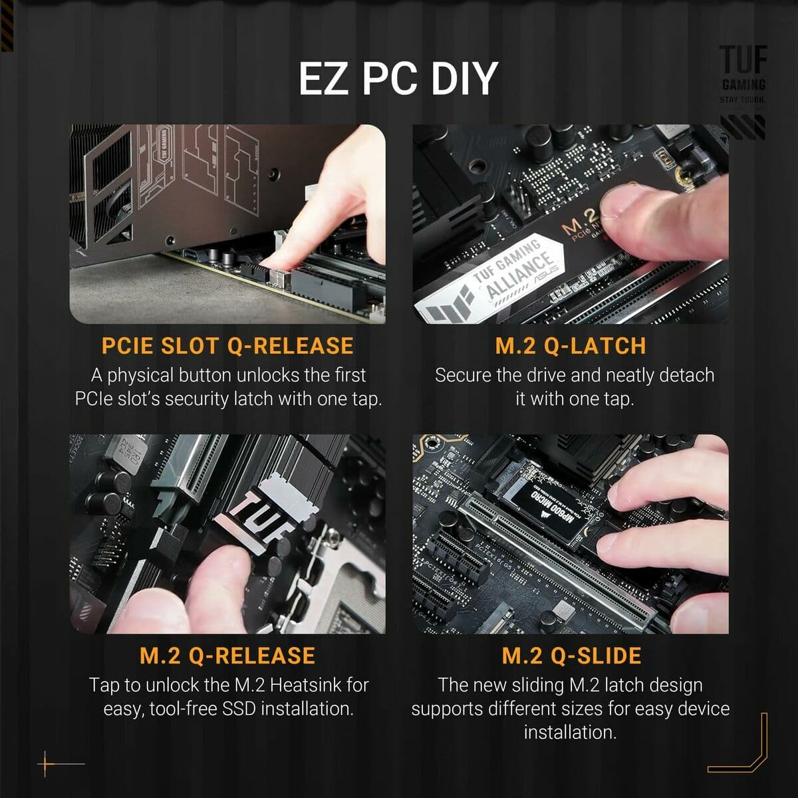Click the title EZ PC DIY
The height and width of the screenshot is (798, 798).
pos(398,78)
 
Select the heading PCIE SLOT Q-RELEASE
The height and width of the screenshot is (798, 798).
pos(227,346)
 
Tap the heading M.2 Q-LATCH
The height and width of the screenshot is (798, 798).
pos(571,346)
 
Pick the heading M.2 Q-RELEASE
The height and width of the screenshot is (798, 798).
pos(227,656)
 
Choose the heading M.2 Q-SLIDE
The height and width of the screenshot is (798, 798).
pos(571,656)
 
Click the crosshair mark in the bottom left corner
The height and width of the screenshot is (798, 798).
pos(47,763)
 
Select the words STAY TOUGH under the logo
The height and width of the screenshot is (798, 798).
pos(743,100)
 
